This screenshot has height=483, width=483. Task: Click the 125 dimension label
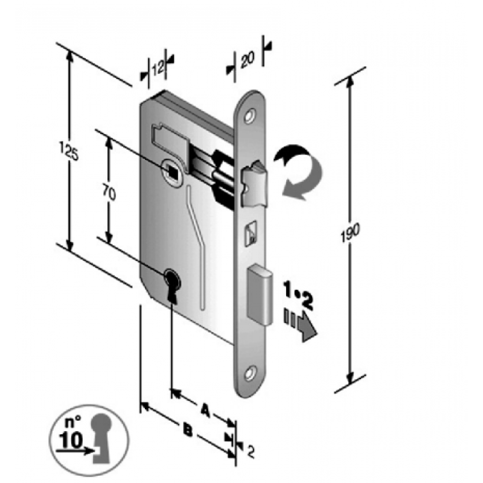(x=72, y=151)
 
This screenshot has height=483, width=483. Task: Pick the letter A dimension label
(x=205, y=411)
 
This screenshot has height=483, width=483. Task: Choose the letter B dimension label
(x=188, y=430)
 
